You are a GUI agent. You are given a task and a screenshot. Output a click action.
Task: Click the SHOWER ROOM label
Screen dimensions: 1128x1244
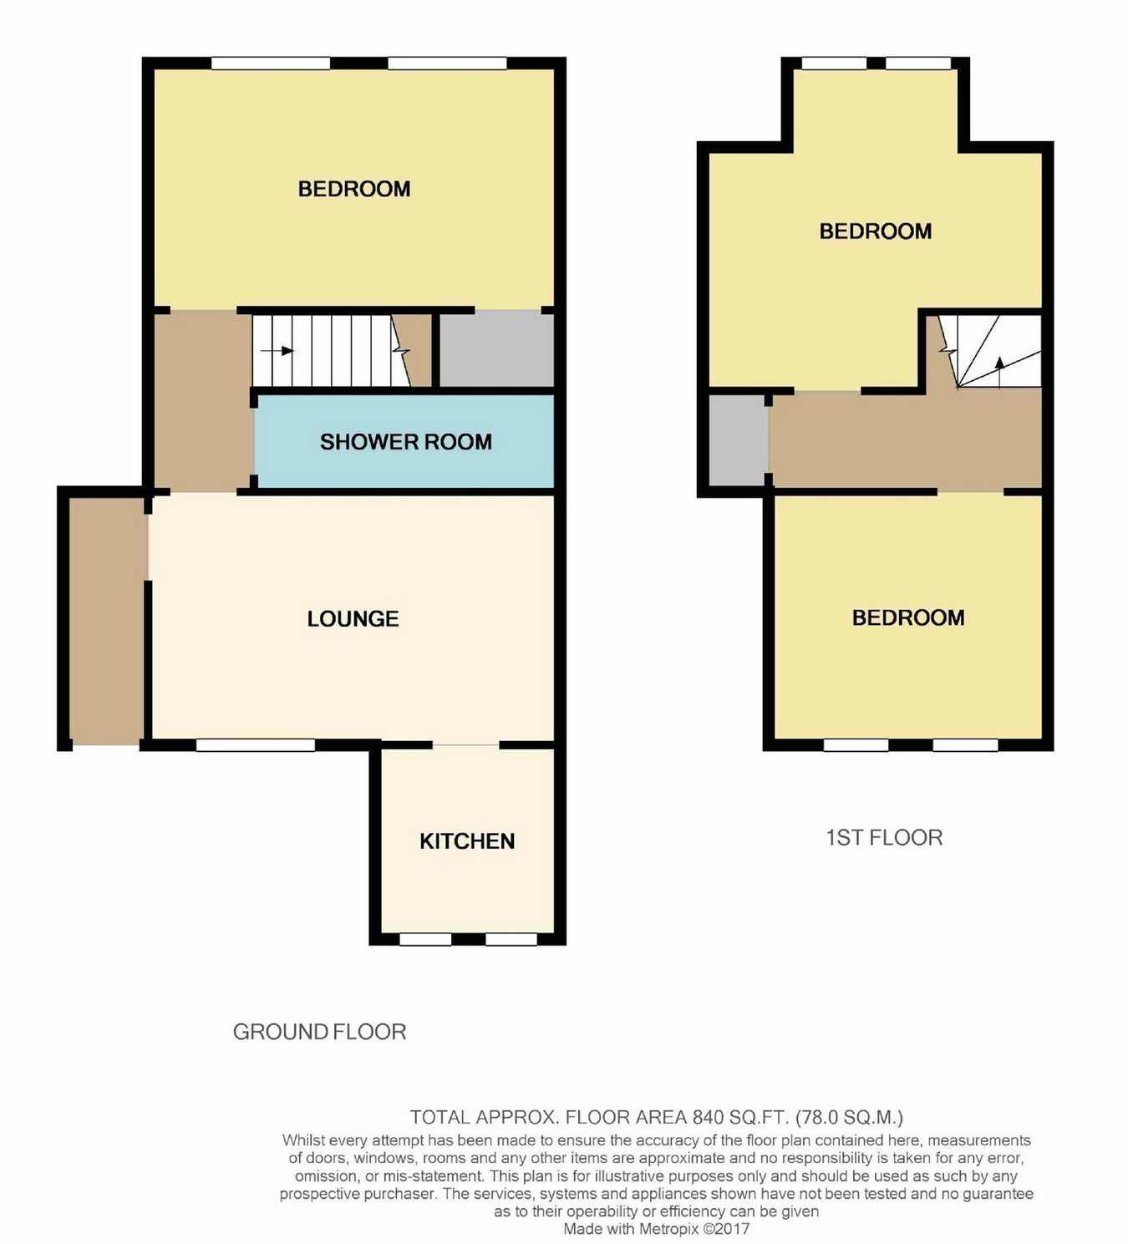(x=406, y=441)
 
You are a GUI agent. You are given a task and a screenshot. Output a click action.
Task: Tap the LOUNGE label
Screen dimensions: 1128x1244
(x=353, y=618)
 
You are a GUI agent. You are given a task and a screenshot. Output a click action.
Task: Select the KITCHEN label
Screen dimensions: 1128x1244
(x=467, y=841)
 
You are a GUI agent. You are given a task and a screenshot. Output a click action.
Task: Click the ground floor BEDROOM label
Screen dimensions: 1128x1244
(x=354, y=189)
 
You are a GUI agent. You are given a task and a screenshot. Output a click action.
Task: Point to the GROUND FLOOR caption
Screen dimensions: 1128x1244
(x=319, y=1031)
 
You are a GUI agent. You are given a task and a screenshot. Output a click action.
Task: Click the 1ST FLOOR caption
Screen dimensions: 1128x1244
(x=884, y=837)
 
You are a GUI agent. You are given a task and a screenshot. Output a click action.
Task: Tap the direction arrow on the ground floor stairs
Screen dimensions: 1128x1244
(x=277, y=351)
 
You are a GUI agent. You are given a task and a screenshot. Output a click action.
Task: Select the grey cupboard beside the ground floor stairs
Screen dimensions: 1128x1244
(x=497, y=350)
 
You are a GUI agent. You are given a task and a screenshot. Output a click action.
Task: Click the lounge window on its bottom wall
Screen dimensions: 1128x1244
(x=256, y=744)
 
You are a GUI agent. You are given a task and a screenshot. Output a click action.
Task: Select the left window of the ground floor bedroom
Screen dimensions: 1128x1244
(x=271, y=63)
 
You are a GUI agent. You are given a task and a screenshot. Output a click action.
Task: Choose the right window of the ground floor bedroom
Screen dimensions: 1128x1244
(x=447, y=63)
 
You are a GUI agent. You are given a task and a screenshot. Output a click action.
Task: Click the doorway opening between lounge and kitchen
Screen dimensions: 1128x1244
(x=466, y=744)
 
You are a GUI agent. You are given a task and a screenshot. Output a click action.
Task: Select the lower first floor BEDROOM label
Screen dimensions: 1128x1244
(x=908, y=617)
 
